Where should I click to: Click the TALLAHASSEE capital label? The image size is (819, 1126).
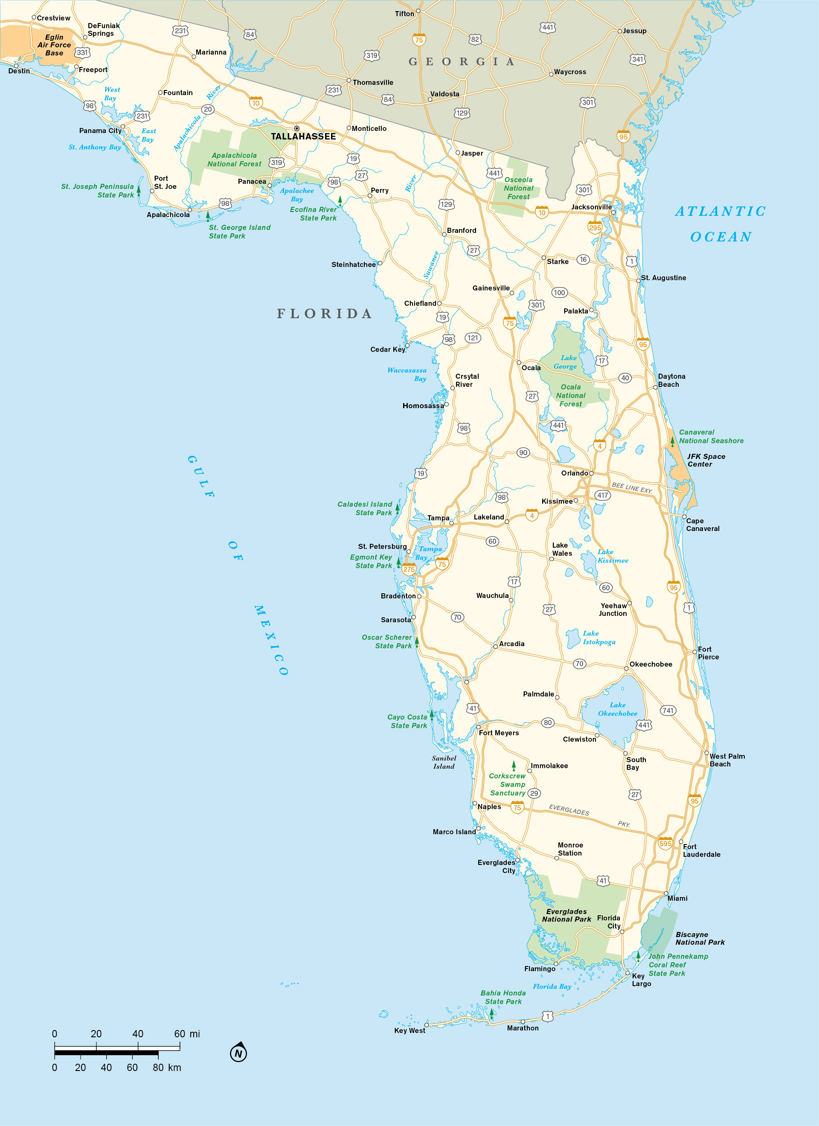(303, 136)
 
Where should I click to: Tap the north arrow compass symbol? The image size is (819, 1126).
(238, 1053)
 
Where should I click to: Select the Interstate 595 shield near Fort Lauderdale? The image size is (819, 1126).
(665, 844)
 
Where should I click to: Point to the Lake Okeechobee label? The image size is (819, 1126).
(617, 709)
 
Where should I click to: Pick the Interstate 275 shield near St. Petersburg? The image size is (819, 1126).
(409, 569)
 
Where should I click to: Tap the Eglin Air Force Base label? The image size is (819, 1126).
(54, 45)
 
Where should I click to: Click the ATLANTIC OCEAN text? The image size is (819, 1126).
(720, 224)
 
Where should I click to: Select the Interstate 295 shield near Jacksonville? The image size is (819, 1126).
(595, 227)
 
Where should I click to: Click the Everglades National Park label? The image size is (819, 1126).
(566, 915)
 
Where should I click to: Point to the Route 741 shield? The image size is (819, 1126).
(668, 711)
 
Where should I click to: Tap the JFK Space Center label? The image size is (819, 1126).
(706, 460)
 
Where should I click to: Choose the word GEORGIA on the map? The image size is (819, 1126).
(462, 61)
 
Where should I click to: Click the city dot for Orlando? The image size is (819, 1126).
(591, 473)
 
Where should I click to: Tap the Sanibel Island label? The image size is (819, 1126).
(444, 762)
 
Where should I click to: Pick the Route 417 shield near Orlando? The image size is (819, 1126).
(602, 495)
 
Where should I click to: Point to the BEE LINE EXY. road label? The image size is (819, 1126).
(632, 488)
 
